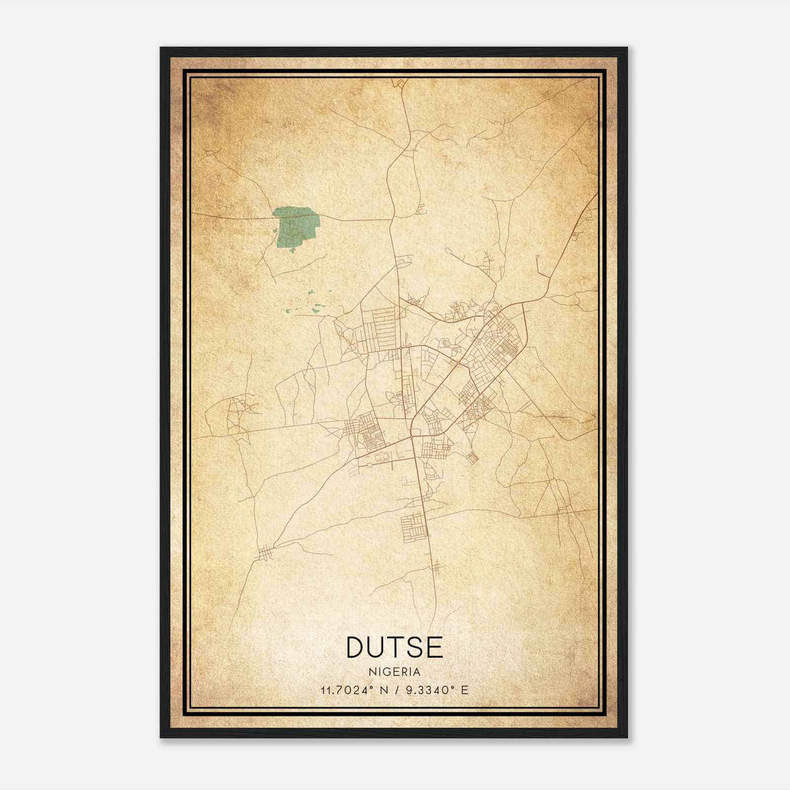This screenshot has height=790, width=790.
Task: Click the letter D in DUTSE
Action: coord(357,647)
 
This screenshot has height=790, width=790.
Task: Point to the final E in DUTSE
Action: coord(434,647)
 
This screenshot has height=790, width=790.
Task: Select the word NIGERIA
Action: coord(395,672)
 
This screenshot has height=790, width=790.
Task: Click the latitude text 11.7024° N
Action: coord(352,690)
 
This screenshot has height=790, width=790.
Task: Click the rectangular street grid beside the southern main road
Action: coord(413,527)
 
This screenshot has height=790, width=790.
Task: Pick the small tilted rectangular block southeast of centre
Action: coord(473,458)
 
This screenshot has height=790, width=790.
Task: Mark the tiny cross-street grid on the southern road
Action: coord(435,569)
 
